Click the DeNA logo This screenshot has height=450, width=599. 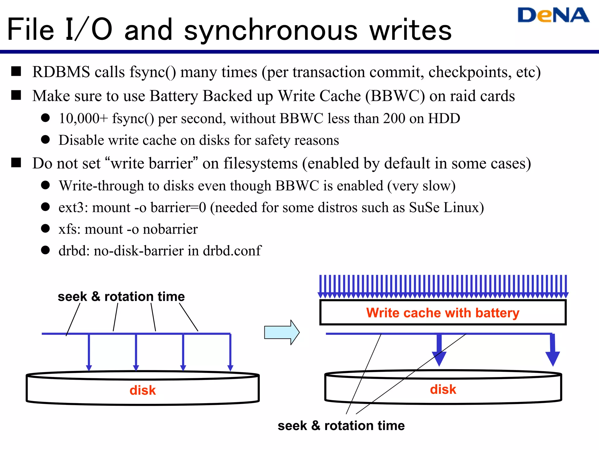pos(553,15)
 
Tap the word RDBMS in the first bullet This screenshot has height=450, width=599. pos(61,72)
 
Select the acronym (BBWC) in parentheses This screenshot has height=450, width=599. pos(395,96)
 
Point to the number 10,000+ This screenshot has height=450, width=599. pos(83,119)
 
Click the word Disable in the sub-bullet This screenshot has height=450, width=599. pos(81,140)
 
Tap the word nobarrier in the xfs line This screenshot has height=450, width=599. pos(170,229)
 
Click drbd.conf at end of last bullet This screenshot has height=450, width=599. pos(232,251)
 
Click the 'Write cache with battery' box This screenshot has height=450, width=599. pos(443,313)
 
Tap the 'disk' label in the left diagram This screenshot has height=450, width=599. pos(142,391)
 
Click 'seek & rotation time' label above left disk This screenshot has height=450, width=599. pos(121,297)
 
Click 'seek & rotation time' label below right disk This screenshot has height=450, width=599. pos(341,426)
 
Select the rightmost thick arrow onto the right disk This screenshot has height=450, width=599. pos(552,352)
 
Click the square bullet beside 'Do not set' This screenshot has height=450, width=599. pos(16,163)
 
